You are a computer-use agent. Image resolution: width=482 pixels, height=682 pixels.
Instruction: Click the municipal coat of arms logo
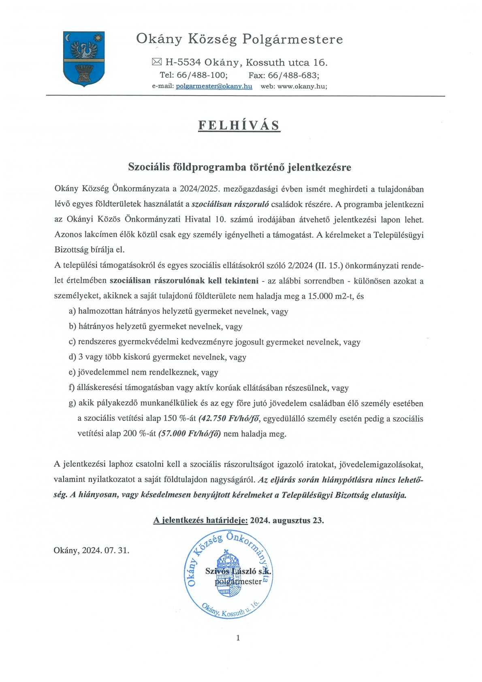pos(84,59)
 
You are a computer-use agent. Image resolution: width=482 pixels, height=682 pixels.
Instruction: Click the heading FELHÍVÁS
pos(239,125)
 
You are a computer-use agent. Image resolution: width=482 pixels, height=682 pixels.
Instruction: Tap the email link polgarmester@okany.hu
pos(214,86)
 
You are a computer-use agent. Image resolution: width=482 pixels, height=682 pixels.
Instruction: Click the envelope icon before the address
pos(157,62)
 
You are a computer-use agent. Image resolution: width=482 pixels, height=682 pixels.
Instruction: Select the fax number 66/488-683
pos(293,75)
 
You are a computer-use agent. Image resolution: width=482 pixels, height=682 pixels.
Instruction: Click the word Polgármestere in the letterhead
pos(292,39)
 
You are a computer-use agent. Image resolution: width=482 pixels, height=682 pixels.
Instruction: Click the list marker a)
pos(73,311)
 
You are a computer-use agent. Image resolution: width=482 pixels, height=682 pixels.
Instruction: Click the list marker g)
pos(73,403)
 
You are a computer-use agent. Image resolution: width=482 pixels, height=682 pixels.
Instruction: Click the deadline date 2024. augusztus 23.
pos(287,520)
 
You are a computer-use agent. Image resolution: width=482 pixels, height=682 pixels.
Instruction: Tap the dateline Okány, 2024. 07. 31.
pos(92,550)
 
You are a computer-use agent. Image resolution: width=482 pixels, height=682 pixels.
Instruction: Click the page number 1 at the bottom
pos(238,638)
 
